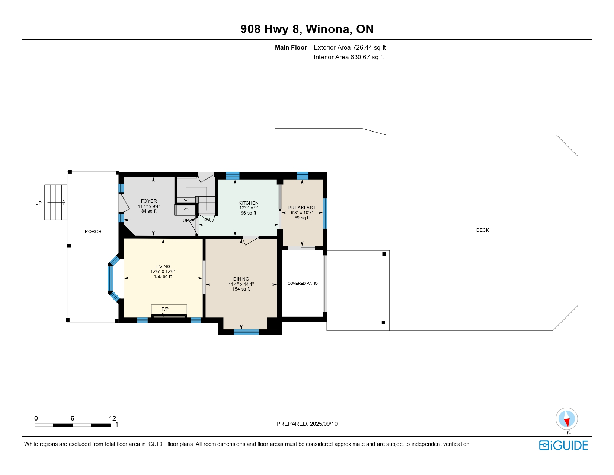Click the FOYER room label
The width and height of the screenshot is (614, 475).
point(149,201)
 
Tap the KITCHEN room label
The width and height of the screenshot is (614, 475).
point(248,203)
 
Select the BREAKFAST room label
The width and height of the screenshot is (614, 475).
point(302,208)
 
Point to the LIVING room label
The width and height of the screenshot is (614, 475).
point(163,266)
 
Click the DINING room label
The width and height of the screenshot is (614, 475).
point(241,279)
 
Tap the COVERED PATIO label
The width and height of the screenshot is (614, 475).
point(303,283)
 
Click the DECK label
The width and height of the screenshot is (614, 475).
point(482,230)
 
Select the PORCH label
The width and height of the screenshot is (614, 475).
point(93,231)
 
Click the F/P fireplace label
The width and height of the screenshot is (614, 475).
point(165,309)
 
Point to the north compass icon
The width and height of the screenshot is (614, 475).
point(566,419)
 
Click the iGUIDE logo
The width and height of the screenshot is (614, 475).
point(563,445)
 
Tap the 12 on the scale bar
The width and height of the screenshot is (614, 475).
point(112,418)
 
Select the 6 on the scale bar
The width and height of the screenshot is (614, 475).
point(72,418)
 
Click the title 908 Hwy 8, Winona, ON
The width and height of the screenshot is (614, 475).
point(307,29)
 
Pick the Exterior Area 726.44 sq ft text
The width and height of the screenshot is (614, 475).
point(349,48)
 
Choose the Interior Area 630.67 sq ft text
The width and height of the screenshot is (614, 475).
point(349,57)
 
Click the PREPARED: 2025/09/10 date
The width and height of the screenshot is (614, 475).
point(307,424)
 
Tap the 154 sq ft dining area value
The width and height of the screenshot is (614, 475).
point(241,289)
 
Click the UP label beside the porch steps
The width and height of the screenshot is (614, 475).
point(38,203)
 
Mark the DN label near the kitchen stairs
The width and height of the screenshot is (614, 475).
point(207,219)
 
